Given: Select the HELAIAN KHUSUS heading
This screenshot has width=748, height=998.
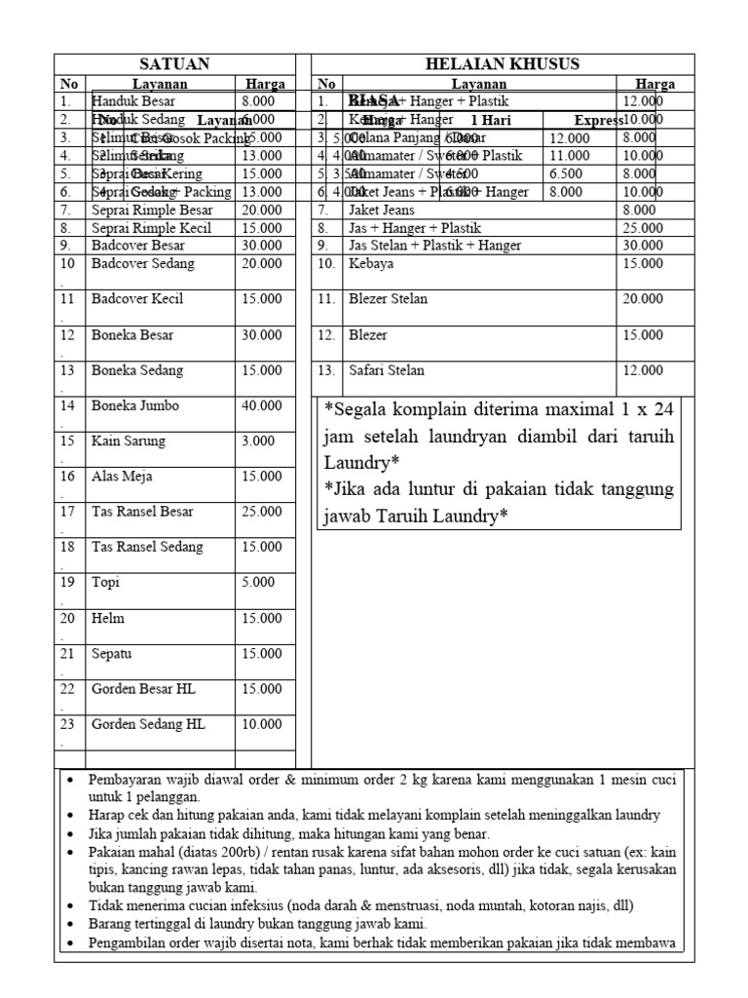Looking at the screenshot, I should (503, 64).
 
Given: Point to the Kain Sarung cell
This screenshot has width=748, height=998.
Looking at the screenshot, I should (129, 441).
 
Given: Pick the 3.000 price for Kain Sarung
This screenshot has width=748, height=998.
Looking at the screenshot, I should (258, 441).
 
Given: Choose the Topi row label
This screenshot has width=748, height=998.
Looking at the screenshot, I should (106, 582).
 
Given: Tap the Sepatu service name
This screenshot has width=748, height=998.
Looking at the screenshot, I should (112, 653).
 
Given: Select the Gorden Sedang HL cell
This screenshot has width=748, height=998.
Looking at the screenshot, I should (148, 724).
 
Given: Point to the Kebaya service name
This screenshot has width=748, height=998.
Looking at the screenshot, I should (371, 263).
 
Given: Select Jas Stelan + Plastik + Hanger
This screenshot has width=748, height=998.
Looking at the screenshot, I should (434, 246).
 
